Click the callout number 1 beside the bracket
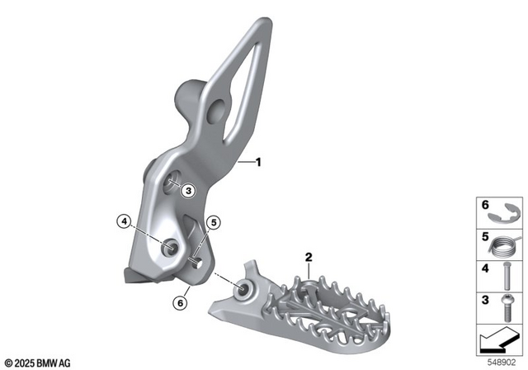[x=257, y=163]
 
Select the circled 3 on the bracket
[x=188, y=190]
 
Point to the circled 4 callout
[x=123, y=221]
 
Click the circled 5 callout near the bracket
[x=214, y=221]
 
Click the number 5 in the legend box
[x=485, y=238]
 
